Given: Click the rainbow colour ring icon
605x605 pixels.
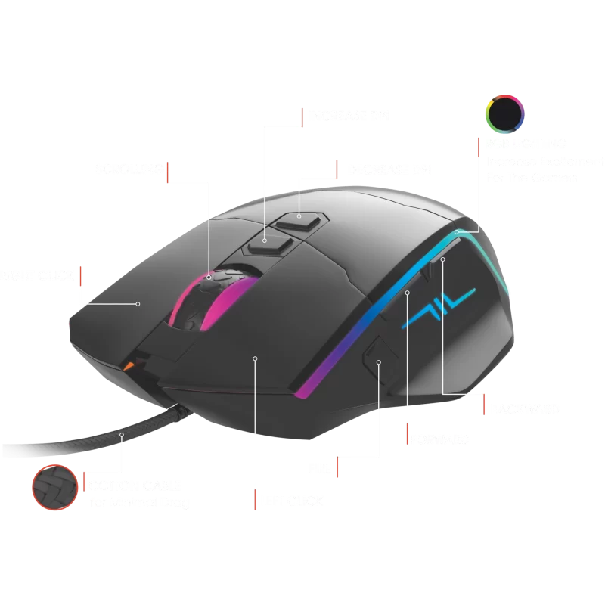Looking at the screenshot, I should (504, 114).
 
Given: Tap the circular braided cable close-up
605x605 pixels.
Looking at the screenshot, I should (54, 488).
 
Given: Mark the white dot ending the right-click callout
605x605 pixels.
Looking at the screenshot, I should (138, 304).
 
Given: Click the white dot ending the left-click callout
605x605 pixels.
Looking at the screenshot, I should (255, 358).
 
